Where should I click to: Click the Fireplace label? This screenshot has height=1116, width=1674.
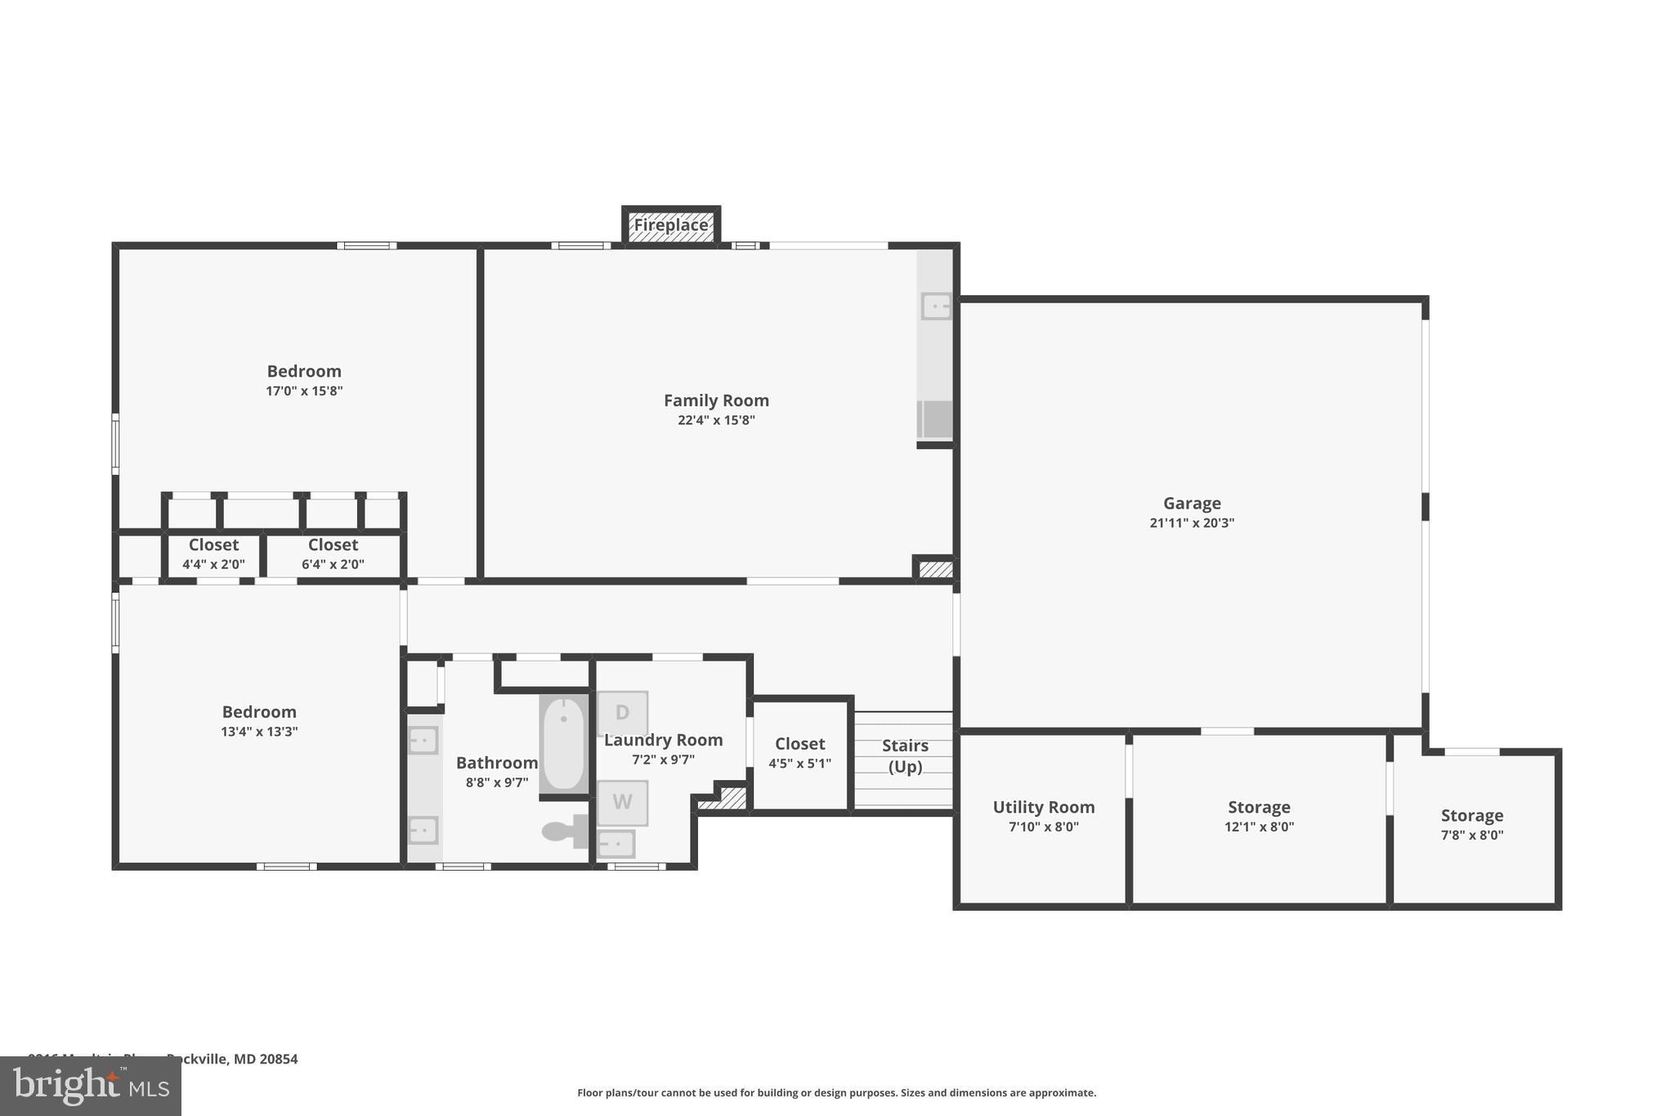[671, 225]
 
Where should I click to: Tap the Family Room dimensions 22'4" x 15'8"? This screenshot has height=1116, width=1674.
[716, 420]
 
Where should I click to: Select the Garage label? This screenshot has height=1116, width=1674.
[1192, 504]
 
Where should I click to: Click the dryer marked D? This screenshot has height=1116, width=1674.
[622, 712]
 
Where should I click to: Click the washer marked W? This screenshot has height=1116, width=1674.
[622, 802]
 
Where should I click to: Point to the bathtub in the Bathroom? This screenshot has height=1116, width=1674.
[563, 743]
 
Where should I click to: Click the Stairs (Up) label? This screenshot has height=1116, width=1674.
[905, 756]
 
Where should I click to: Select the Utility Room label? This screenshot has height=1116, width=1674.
[1043, 807]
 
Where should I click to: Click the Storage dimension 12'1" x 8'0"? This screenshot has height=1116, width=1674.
[1259, 827]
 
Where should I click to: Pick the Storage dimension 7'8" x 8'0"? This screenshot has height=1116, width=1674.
[1471, 835]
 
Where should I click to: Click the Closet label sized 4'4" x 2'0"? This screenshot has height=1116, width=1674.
[213, 545]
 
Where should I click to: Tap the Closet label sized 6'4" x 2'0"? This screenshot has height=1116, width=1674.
[333, 545]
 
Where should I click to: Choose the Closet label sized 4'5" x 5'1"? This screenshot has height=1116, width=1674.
[799, 744]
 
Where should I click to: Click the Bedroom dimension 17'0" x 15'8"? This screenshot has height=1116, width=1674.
[304, 391]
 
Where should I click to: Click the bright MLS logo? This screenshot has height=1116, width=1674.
[91, 1086]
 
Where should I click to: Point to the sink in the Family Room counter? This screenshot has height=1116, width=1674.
[936, 307]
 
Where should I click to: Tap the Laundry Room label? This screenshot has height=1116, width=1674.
[663, 740]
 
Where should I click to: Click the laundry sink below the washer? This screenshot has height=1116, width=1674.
[616, 843]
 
